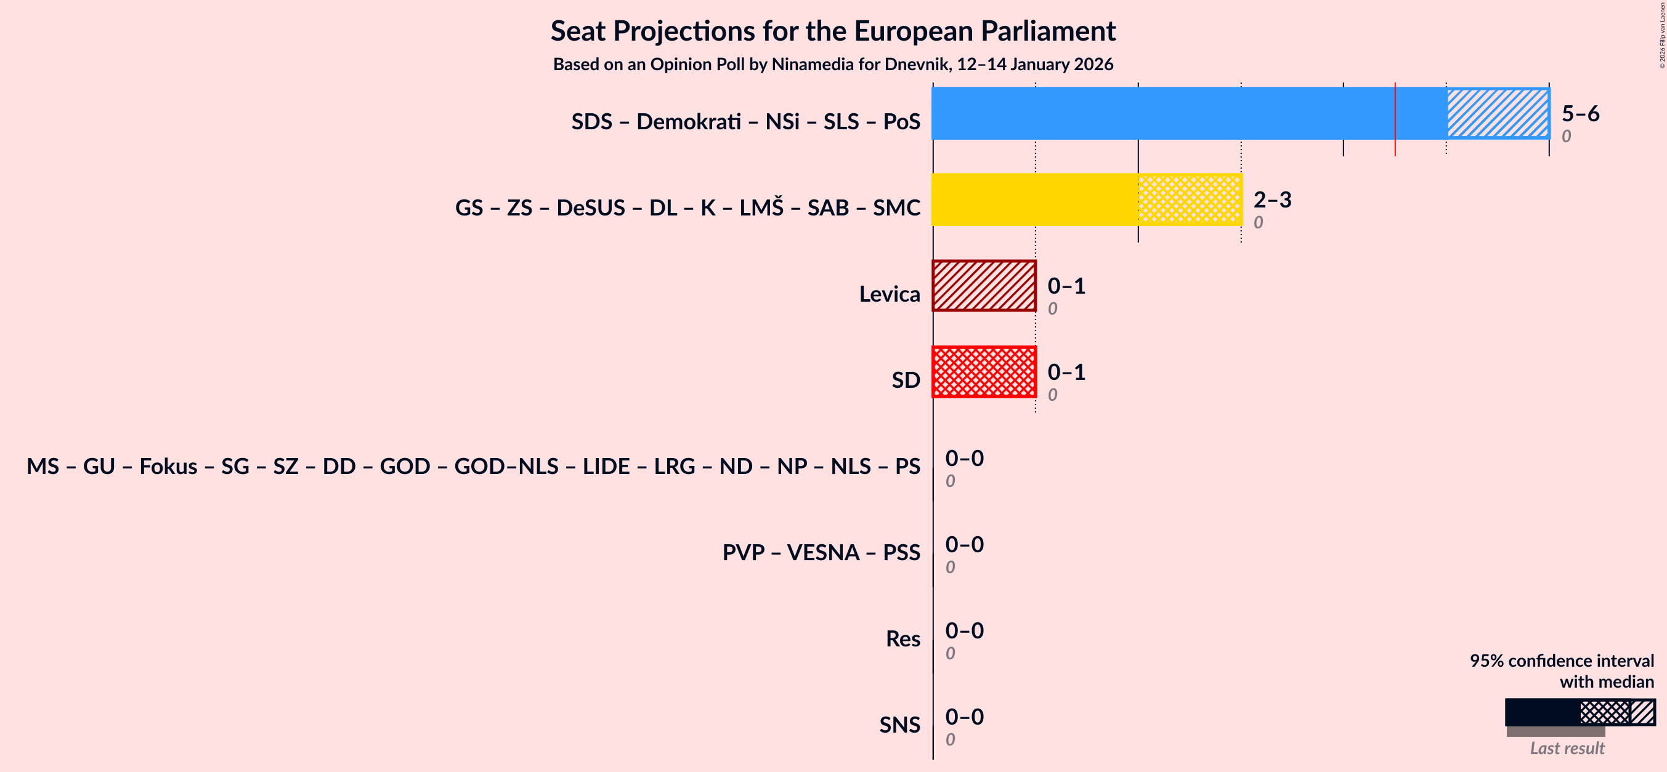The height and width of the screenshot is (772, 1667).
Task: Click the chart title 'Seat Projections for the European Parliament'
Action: click(833, 31)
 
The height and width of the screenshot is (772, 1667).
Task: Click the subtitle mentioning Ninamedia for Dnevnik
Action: click(833, 65)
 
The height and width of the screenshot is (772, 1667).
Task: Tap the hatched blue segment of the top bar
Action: click(1498, 113)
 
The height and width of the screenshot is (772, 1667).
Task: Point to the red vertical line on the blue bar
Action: click(1395, 119)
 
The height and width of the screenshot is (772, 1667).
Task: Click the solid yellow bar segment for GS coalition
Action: click(1034, 199)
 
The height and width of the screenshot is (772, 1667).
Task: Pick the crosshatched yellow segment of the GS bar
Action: click(1190, 199)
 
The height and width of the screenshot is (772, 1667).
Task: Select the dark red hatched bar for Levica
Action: click(984, 286)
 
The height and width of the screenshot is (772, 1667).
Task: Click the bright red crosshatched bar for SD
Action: click(984, 372)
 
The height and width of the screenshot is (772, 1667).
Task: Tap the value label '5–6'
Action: click(1580, 114)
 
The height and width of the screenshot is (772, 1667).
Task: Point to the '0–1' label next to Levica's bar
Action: click(1066, 286)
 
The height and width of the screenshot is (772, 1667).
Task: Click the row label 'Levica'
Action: click(889, 294)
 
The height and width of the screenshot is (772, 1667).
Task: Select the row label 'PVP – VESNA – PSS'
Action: click(821, 553)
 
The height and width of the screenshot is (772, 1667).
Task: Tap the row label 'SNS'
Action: click(899, 725)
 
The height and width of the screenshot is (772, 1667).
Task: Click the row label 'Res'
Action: click(902, 639)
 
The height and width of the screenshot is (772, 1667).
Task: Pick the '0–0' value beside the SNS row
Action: click(963, 717)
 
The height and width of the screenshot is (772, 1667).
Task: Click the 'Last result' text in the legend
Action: click(1567, 749)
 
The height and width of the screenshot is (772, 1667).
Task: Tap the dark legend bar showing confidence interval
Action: click(1542, 712)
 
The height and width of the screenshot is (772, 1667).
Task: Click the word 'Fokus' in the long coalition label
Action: click(168, 467)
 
